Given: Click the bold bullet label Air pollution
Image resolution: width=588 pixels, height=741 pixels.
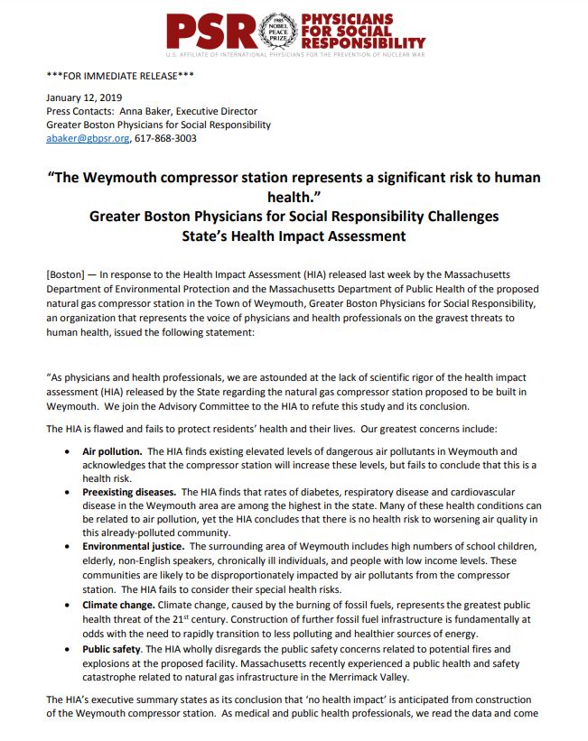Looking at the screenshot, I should tap(112, 450).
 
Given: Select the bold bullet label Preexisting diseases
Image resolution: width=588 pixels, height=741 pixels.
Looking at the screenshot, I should tap(129, 492).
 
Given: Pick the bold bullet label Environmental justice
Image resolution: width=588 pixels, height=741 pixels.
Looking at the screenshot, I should tap(133, 547).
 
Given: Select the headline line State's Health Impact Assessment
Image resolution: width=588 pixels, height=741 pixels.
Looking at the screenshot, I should tap(294, 236).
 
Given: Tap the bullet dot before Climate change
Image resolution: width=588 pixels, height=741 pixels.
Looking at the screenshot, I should tap(71, 603).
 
